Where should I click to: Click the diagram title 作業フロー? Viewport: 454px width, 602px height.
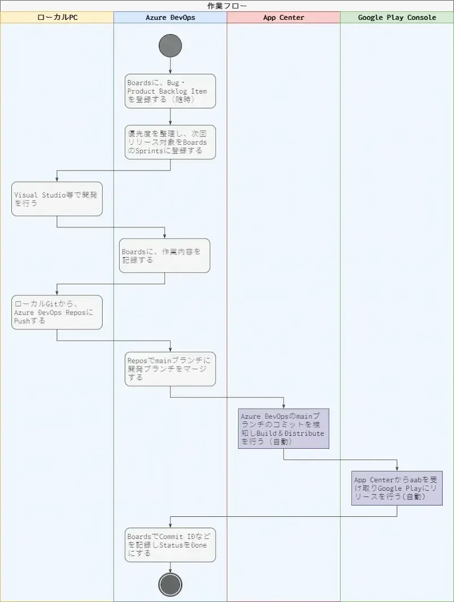pos(227,6)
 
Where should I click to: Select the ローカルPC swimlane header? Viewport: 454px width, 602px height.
pos(57,18)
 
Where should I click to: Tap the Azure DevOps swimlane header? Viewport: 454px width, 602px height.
pos(170,18)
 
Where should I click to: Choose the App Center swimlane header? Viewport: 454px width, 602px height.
pos(284,18)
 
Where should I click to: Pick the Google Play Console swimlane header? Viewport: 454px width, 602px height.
pos(397,18)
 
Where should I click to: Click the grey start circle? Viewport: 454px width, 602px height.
pos(170,45)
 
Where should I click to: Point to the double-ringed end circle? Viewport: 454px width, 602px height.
pos(170,584)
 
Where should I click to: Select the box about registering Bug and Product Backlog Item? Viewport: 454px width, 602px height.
pos(170,91)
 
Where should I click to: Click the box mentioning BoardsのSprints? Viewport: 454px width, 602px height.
pos(170,142)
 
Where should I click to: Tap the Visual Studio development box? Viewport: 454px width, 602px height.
pos(57,199)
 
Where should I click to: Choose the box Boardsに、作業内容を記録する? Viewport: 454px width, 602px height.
pos(165,256)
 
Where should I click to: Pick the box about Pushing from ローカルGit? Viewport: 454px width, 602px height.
pos(57,312)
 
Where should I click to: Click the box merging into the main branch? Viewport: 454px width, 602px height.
pos(170,369)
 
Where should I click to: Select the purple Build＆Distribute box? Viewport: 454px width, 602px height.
pos(284,429)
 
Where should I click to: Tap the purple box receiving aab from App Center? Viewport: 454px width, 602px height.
pos(397,488)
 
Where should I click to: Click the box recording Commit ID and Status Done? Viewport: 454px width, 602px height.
pos(170,545)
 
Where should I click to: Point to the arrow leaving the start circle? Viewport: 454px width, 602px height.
pos(170,65)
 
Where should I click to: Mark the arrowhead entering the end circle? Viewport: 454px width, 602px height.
pos(170,570)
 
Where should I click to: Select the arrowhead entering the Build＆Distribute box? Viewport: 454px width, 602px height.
pos(284,405)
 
